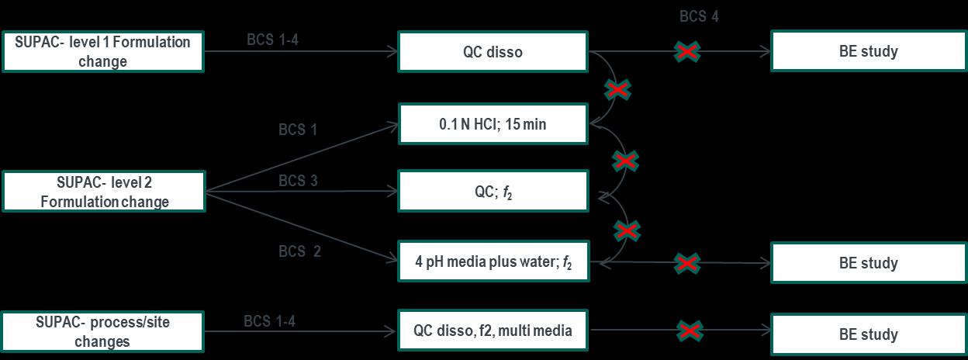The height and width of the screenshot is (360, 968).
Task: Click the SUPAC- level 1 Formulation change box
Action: [102, 52]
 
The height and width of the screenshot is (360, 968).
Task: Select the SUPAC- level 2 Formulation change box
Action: [102, 192]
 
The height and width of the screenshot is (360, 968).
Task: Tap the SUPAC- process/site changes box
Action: [102, 331]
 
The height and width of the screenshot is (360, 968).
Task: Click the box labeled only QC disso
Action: [493, 52]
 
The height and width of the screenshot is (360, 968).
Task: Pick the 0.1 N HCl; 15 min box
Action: [493, 123]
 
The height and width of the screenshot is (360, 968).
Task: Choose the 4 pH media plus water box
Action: [493, 262]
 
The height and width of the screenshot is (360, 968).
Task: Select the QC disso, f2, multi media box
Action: [493, 331]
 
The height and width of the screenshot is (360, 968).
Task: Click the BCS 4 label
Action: [699, 16]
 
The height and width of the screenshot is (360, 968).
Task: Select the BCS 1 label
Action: [298, 130]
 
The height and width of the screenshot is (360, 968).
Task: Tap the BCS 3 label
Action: [298, 181]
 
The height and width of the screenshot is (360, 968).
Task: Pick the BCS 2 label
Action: [299, 251]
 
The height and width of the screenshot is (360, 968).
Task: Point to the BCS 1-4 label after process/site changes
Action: [269, 320]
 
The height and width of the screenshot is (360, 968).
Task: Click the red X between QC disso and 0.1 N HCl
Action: [618, 91]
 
